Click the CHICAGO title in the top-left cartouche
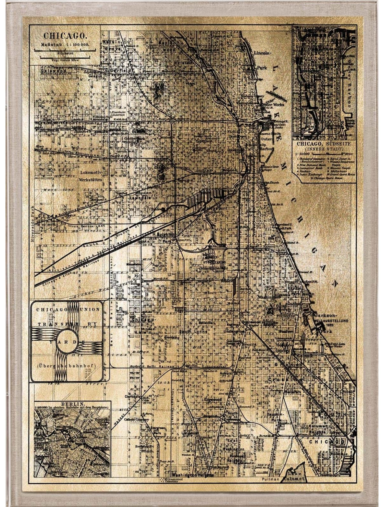(x=65, y=36)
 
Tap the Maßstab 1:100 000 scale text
(x=65, y=45)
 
